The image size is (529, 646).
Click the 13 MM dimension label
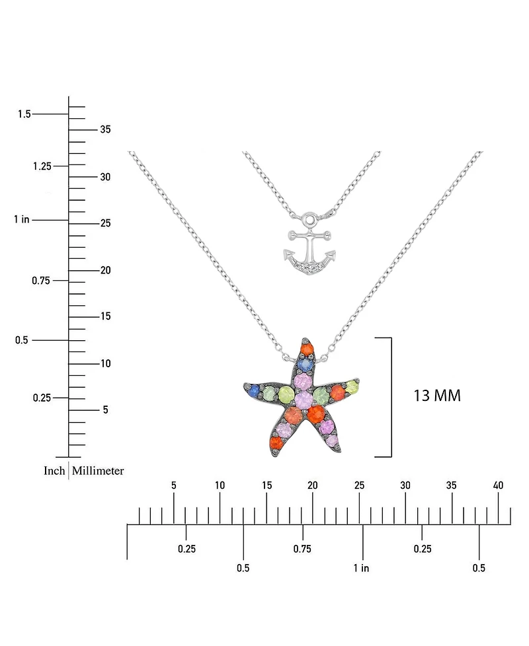[x=436, y=396]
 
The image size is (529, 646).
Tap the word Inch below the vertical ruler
[x=54, y=471]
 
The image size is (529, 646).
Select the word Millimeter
[x=98, y=471]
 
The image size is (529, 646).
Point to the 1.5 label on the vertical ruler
[x=24, y=114]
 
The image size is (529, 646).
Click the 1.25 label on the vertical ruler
[x=42, y=166]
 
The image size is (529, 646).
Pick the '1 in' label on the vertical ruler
[x=21, y=219]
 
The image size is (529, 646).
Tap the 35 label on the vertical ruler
[x=105, y=129]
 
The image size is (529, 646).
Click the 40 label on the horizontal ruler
[x=498, y=485]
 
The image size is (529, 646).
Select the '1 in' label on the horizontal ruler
[x=360, y=568]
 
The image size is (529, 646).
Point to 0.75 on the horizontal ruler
[x=302, y=549]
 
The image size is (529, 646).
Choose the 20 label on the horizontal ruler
[x=312, y=485]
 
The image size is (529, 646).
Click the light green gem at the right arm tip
[x=352, y=386]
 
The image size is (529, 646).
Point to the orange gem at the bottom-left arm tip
[x=275, y=443]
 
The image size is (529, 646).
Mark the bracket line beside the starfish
[x=391, y=396]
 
